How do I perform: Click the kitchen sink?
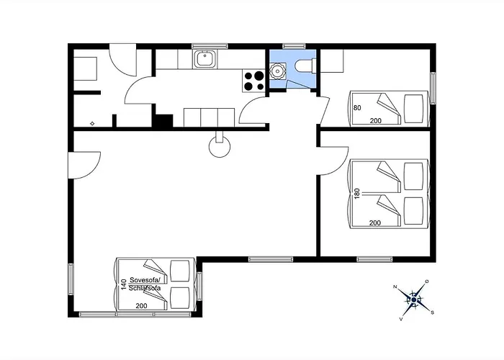(x=204, y=59)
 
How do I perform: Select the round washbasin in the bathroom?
(x=276, y=71)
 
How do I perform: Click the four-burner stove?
(x=254, y=81)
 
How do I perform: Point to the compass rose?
(x=414, y=300)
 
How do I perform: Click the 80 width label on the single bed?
(x=357, y=108)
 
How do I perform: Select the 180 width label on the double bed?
(x=357, y=194)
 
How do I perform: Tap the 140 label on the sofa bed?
(x=124, y=284)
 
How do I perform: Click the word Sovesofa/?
(x=145, y=279)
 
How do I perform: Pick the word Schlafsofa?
(x=145, y=288)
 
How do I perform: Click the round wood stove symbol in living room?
(x=220, y=146)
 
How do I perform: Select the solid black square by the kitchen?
(x=164, y=121)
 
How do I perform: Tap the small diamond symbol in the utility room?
(x=92, y=123)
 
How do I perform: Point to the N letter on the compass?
(x=396, y=287)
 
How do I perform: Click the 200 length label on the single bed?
(x=375, y=121)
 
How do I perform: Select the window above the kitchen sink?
(x=210, y=46)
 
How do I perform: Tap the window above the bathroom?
(x=294, y=46)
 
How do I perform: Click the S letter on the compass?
(x=432, y=312)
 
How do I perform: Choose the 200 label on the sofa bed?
(x=141, y=306)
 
